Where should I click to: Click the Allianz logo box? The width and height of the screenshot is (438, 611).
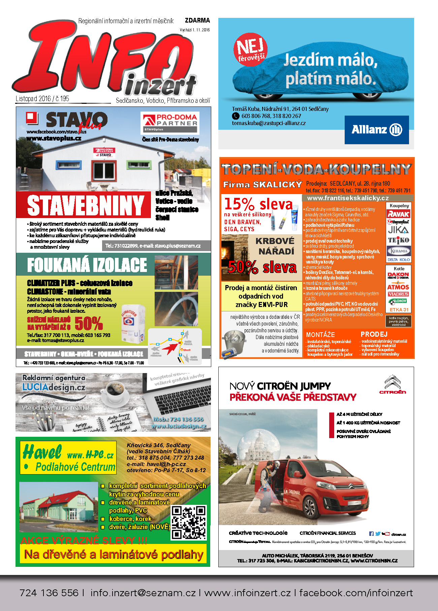click(x=376, y=130)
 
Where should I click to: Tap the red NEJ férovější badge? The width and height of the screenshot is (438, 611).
click(x=250, y=49)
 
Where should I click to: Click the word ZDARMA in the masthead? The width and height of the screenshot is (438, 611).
click(x=197, y=21)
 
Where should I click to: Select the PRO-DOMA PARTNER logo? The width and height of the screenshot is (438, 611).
click(x=170, y=123)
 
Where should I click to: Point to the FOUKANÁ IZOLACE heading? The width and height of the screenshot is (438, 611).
click(x=87, y=265)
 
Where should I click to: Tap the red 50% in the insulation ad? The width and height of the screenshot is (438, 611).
click(x=89, y=324)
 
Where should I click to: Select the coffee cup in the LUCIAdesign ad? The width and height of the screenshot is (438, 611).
click(x=114, y=391)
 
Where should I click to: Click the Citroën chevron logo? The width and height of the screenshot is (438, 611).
click(x=393, y=384)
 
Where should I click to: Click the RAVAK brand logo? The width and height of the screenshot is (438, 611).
click(x=399, y=214)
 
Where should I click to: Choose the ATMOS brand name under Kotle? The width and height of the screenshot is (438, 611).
click(x=398, y=287)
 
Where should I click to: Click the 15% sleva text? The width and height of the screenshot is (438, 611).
click(x=258, y=204)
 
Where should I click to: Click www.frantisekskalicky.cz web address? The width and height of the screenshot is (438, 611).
click(x=348, y=198)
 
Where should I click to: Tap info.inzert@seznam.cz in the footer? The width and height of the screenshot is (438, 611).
click(x=143, y=593)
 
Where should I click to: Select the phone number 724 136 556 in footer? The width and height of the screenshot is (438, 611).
click(x=49, y=593)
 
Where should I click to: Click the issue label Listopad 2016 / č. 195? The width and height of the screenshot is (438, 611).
click(x=42, y=99)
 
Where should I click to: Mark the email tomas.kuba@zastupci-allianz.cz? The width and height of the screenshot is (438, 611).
click(x=269, y=123)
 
